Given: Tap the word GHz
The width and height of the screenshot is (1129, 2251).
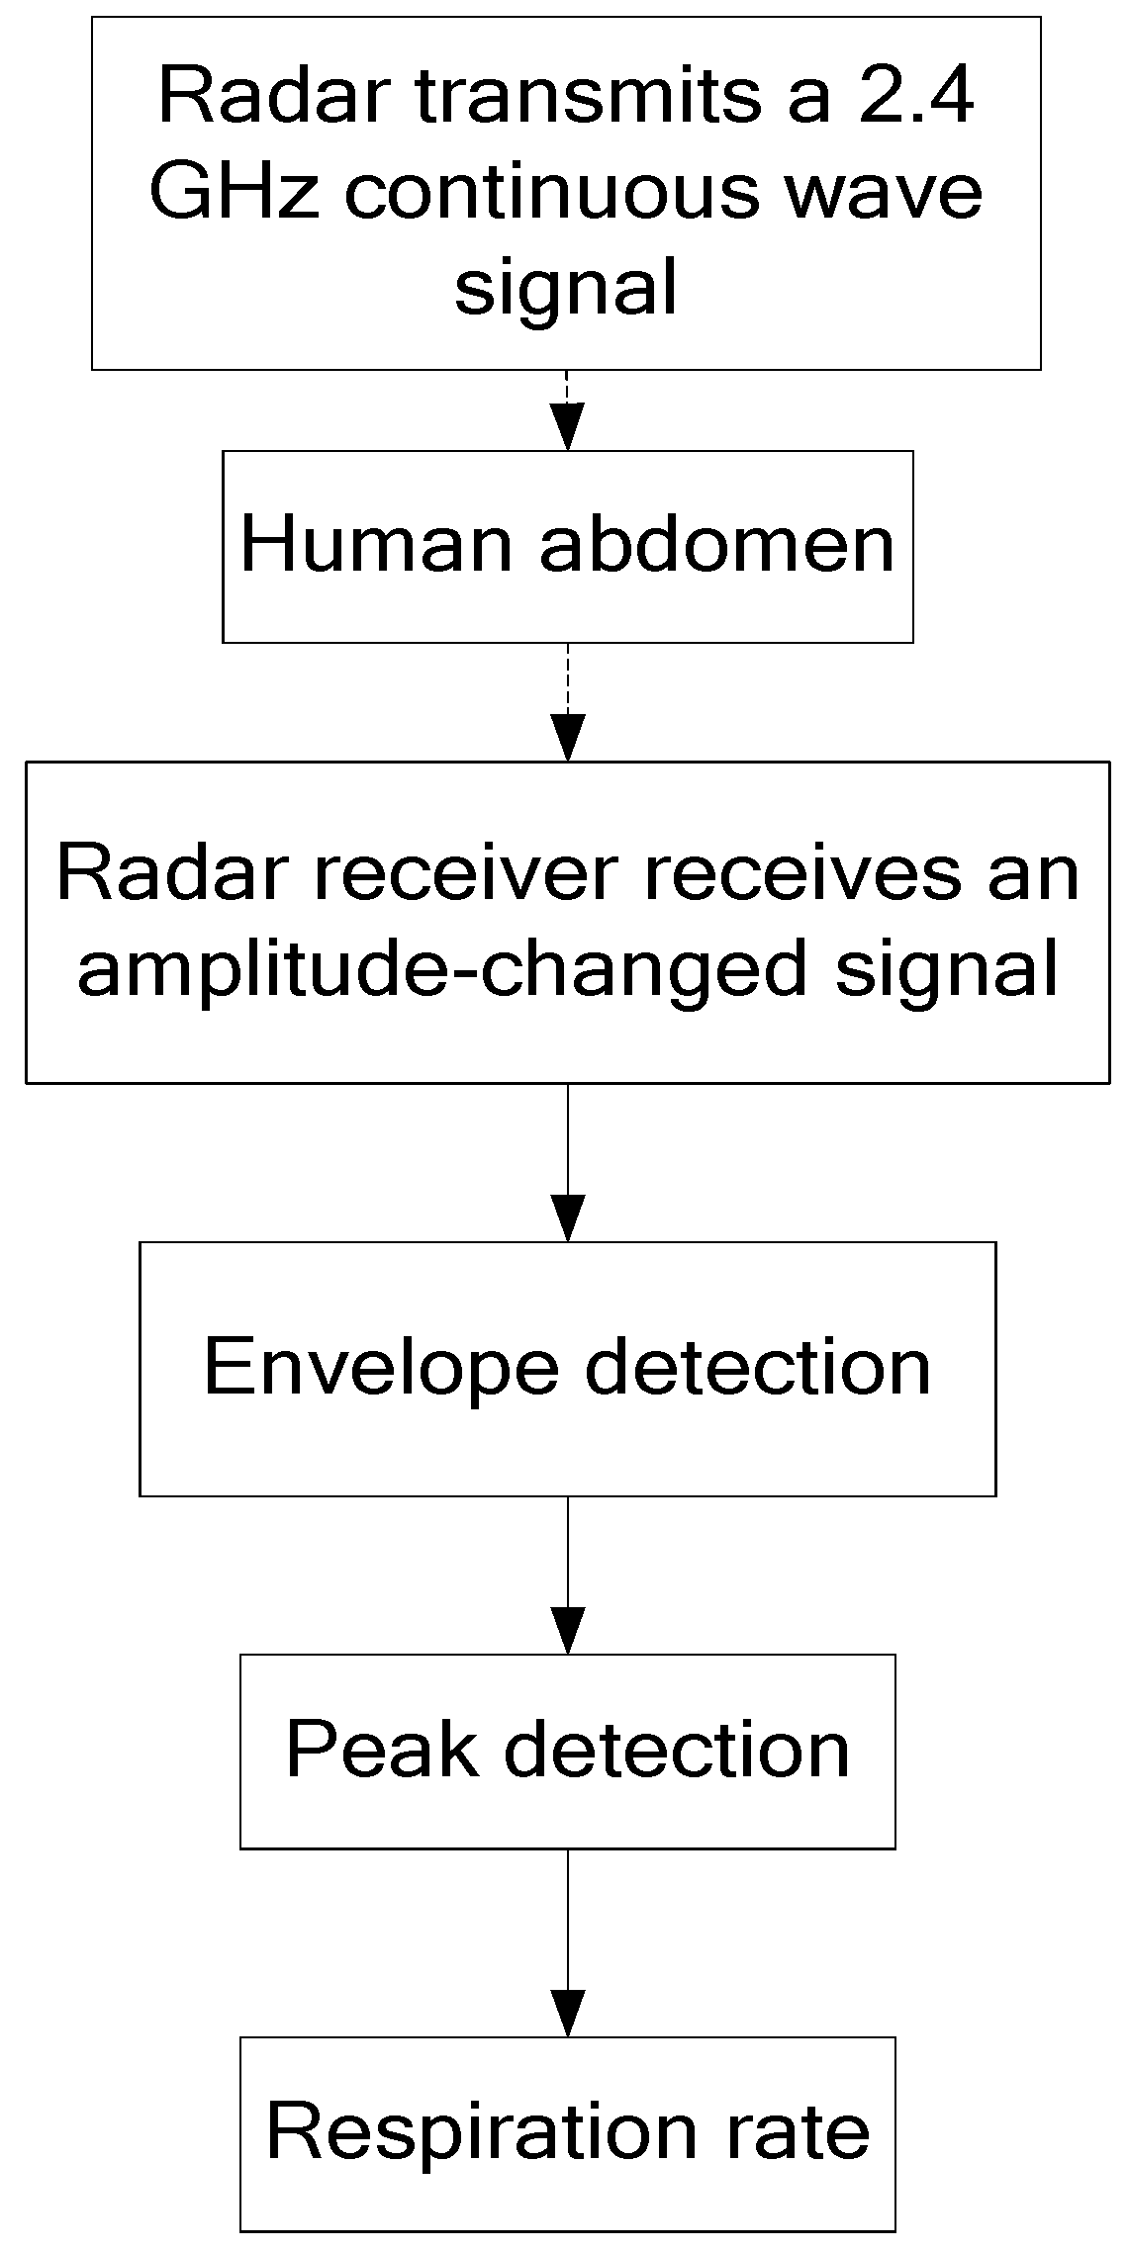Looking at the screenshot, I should [x=234, y=191].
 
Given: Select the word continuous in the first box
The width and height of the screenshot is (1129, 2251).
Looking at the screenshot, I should [x=552, y=191].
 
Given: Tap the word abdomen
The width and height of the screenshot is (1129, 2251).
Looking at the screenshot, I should [x=716, y=544].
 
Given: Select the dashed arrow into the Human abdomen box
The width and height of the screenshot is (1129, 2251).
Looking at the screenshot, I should [x=568, y=409].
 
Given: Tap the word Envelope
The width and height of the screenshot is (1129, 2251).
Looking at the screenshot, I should [x=380, y=1366].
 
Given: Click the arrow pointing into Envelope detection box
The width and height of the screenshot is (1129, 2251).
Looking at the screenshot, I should [x=568, y=1161].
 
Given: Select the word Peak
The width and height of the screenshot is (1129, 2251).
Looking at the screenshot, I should [x=381, y=1749].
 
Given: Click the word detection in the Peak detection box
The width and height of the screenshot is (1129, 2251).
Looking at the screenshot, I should [x=677, y=1749].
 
